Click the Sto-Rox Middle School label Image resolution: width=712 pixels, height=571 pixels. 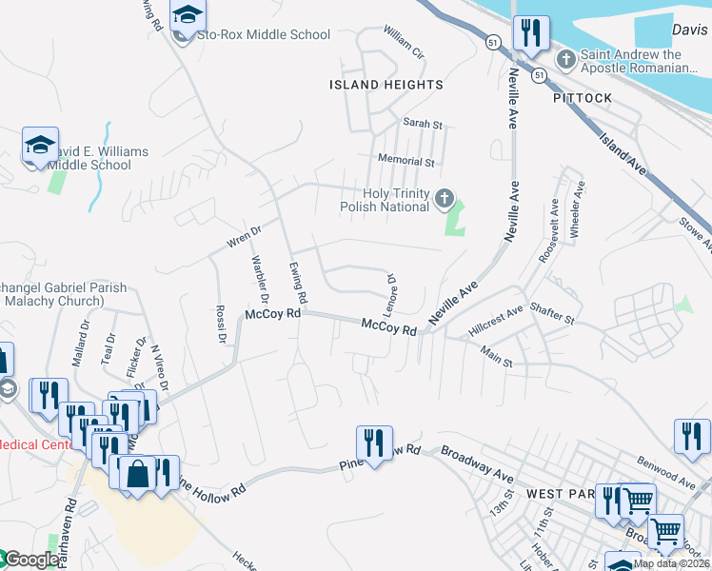tap(264, 35)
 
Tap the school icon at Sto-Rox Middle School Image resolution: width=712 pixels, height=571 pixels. tap(188, 16)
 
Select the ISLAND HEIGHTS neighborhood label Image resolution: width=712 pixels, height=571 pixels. tap(386, 85)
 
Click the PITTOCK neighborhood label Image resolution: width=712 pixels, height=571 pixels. tap(582, 98)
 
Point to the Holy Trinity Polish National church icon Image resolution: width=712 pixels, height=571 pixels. tap(444, 199)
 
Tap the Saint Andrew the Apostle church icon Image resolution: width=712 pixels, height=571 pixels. tap(565, 60)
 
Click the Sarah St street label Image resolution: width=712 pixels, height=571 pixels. tap(424, 125)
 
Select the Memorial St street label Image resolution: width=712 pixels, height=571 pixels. tap(405, 162)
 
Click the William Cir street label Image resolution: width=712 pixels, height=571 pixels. tap(404, 44)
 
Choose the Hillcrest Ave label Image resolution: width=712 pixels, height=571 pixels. tap(496, 321)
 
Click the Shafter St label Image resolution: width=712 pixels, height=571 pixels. tap(552, 314)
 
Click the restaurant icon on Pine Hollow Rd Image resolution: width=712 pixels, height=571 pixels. tap(375, 443)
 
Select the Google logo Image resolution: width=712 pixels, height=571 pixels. tap(30, 561)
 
